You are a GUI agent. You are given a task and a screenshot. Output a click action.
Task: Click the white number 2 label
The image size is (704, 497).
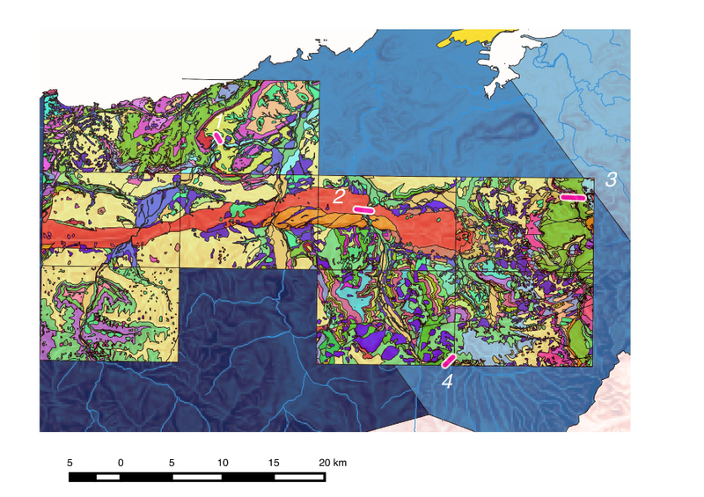pos(338,196)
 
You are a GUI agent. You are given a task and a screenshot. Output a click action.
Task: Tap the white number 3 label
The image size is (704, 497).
pos(611,179)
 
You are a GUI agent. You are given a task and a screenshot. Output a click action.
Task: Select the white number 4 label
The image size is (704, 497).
pos(447,382)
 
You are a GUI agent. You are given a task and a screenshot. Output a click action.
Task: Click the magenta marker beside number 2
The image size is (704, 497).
pos(363,210)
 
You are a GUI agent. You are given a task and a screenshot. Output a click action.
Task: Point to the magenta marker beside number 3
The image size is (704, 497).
pos(574,198)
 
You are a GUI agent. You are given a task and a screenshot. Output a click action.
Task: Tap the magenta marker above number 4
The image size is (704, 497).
pos(449,361)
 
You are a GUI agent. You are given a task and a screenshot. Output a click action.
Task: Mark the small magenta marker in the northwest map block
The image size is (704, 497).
pos(218,138)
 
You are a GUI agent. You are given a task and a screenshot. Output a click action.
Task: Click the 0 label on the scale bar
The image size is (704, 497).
pos(121,463)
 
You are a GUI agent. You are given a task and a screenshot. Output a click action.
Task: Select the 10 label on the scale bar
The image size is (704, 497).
pos(223,463)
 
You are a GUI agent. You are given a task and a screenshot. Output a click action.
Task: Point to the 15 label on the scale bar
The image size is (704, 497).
pos(274,463)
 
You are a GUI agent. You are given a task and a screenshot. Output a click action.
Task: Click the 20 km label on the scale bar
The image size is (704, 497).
pos(332,463)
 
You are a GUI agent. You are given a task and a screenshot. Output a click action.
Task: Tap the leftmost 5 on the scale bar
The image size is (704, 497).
pos(70,463)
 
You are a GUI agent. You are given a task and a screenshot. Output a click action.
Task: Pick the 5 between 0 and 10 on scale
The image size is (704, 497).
pos(172,463)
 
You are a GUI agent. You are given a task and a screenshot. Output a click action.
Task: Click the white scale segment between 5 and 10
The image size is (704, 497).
pos(197,478)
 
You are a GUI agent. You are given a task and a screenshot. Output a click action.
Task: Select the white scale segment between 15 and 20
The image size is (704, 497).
pos(300,478)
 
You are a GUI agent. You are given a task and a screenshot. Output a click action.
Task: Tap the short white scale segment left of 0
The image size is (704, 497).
pos(107,478)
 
